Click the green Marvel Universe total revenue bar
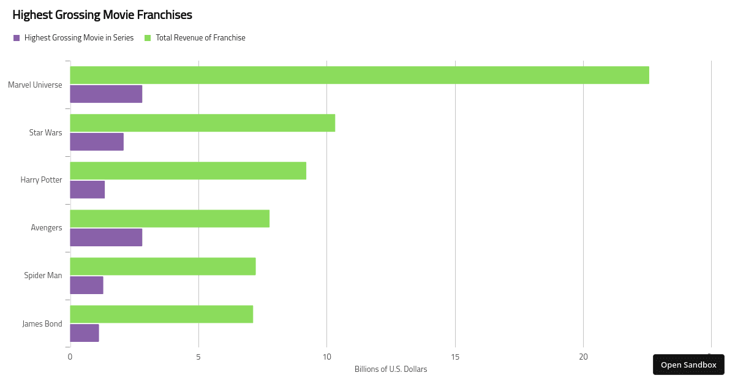click(360, 75)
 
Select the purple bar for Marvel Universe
click(106, 94)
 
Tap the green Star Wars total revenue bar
click(202, 123)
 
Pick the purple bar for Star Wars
click(97, 142)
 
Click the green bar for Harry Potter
click(188, 170)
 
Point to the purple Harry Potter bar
click(88, 189)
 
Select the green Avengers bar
click(170, 218)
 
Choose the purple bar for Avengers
click(106, 237)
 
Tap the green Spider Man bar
click(163, 266)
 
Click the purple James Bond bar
click(85, 333)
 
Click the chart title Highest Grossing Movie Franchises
click(102, 15)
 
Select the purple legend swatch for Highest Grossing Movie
click(17, 38)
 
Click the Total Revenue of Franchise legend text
click(200, 38)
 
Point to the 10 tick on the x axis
click(326, 357)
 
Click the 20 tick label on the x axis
click(583, 357)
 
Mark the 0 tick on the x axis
click(70, 357)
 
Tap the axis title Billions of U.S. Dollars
click(391, 369)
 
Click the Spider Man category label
click(43, 275)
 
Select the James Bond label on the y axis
click(42, 323)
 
